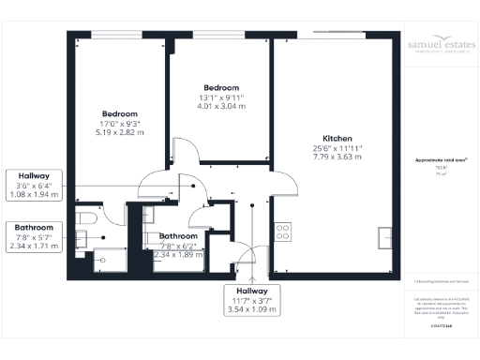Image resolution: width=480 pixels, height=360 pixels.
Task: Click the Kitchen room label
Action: pos(337,135)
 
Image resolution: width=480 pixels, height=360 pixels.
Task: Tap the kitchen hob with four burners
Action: pos(282,232)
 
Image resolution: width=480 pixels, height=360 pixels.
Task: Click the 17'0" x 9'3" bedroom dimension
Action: pos(120,122)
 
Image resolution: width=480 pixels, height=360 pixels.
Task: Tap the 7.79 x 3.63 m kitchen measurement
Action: pos(337,157)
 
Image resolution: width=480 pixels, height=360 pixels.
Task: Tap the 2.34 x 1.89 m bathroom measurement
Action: pos(178,253)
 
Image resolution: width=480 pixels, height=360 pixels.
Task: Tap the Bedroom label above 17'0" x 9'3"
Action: pos(120,112)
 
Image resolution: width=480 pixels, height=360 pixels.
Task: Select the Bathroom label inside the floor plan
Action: pos(177,236)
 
